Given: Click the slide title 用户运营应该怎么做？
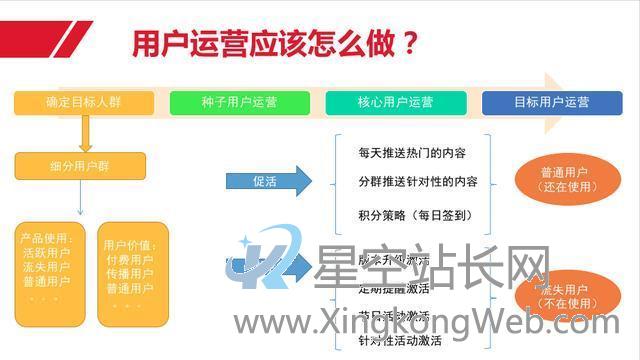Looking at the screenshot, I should [274, 45].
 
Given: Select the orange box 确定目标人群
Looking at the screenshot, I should [84, 102].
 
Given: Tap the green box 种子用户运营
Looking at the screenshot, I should [239, 102].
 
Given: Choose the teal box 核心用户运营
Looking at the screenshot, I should [395, 102].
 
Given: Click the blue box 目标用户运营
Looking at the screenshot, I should [551, 102].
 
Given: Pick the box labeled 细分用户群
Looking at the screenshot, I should [80, 166].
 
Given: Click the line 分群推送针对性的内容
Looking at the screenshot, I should [418, 183].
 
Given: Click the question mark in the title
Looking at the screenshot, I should [408, 45].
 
